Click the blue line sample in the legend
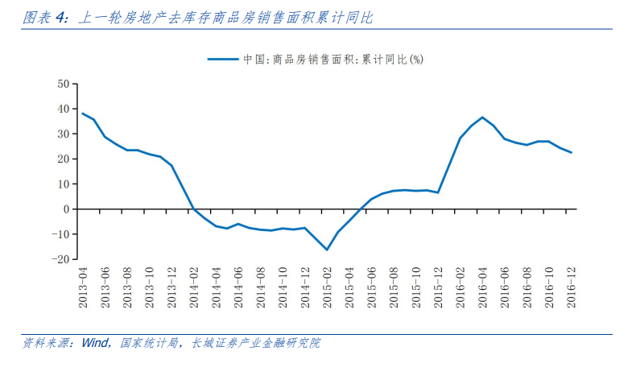click(223, 59)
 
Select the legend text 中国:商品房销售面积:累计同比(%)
click(332, 59)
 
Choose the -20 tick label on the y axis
click(61, 259)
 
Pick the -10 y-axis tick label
click(61, 234)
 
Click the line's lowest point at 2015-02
click(327, 250)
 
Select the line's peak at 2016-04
click(482, 118)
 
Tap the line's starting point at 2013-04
click(83, 114)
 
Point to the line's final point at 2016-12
click(572, 152)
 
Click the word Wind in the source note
click(93, 343)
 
